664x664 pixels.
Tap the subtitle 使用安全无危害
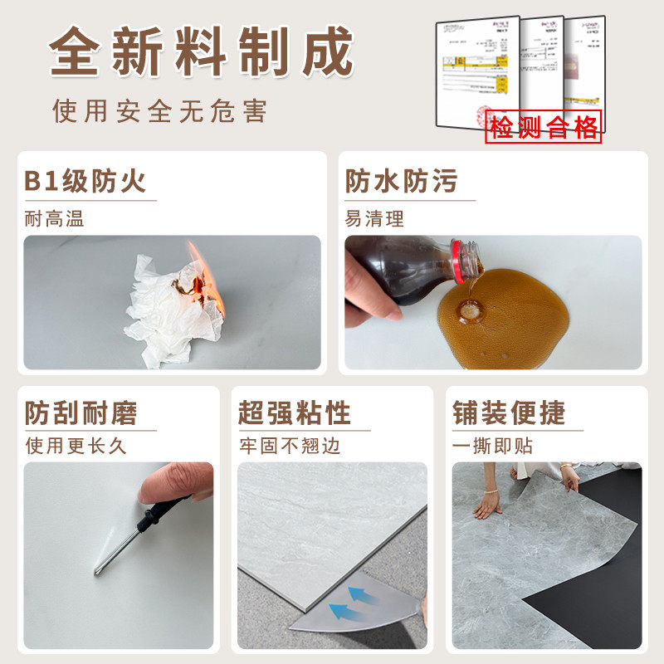(x=160, y=110)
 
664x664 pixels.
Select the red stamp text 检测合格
(x=544, y=128)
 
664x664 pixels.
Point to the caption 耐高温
(x=55, y=219)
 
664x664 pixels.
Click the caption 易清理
(x=375, y=219)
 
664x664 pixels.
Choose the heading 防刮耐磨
(x=81, y=413)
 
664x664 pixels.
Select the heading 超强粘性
(x=295, y=413)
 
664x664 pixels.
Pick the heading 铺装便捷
(x=509, y=413)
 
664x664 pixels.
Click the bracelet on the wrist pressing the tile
(x=491, y=492)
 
